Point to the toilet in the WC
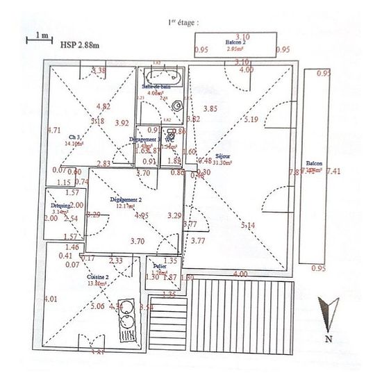point(169,136)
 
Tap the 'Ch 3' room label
point(76,138)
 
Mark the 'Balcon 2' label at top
point(235,42)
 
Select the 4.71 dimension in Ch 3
point(54,130)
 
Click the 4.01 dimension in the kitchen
point(50,299)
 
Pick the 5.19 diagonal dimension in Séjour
point(252,119)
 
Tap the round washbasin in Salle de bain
point(178,106)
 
